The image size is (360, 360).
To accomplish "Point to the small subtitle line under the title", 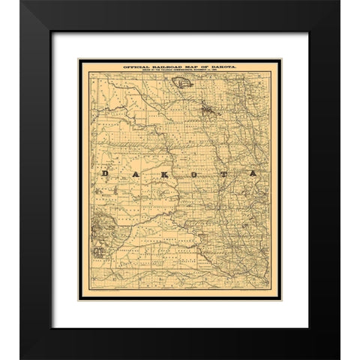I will pyautogui.click(x=179, y=73).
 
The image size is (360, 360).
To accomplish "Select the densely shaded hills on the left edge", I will pyautogui.click(x=95, y=224).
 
